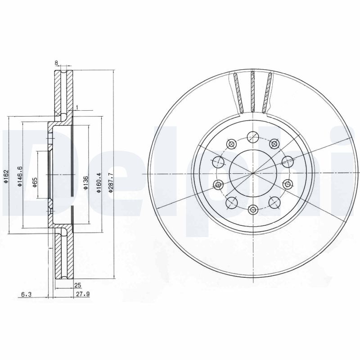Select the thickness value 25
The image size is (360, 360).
click(x=77, y=285)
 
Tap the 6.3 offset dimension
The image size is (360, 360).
click(x=26, y=295)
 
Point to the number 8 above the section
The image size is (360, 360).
click(x=57, y=63)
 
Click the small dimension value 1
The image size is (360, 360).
click(x=77, y=107)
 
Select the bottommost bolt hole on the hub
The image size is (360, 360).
click(x=252, y=210)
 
